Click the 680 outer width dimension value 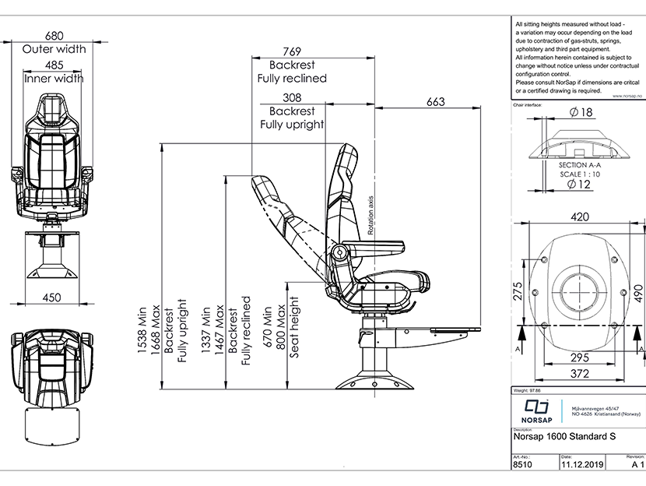54,36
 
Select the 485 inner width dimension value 54,65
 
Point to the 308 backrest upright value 291,98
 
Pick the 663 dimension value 436,102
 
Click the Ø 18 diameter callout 581,113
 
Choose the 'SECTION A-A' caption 581,166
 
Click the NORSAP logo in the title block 535,410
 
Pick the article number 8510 524,464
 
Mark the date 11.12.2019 583,464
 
